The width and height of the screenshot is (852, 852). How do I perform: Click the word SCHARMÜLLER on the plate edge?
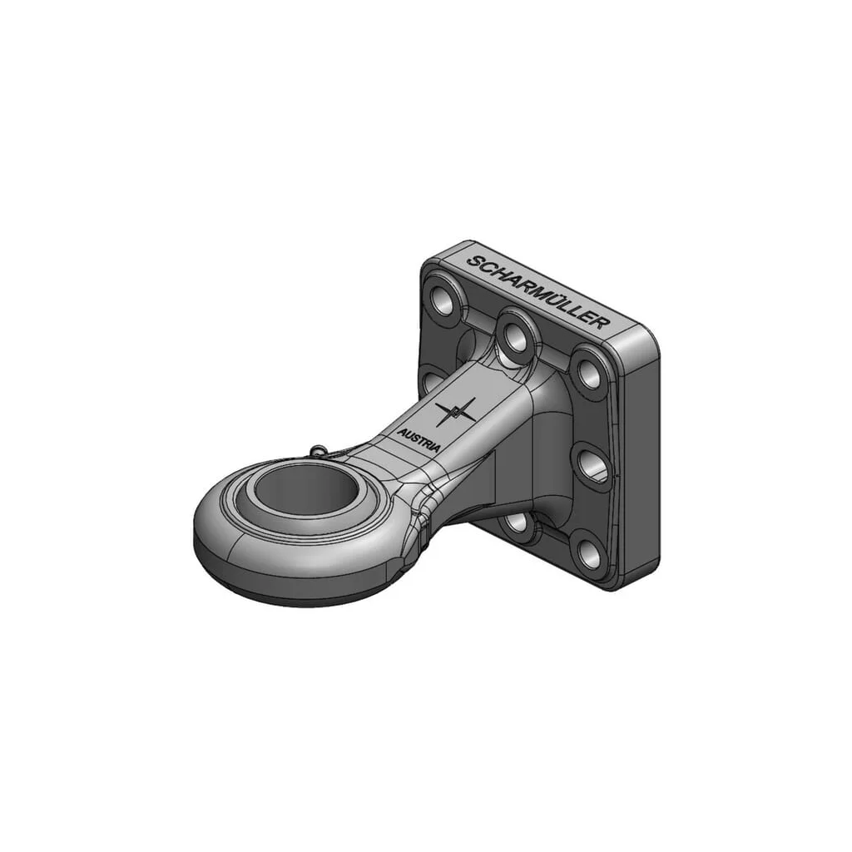pos(537,291)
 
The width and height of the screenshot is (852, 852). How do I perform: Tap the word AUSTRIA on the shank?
pos(419,440)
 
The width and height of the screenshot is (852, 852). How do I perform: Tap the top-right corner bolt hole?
pos(588,370)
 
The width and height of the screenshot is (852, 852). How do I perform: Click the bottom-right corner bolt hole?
pos(588,554)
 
